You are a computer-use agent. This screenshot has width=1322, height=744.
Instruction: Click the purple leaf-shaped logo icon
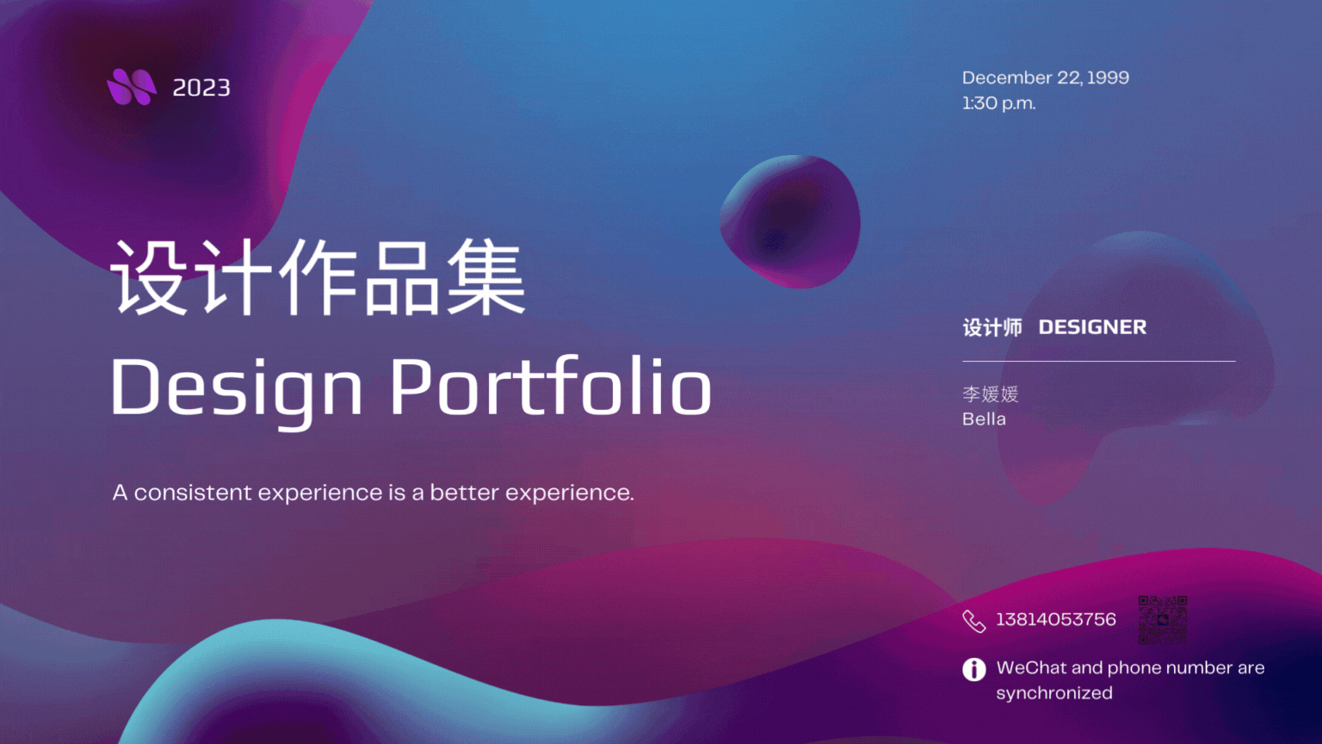(132, 87)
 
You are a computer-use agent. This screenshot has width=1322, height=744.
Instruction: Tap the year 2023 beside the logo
(201, 88)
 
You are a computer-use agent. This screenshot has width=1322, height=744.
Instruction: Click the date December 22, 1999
(1045, 78)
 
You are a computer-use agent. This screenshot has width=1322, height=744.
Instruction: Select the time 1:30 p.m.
(998, 103)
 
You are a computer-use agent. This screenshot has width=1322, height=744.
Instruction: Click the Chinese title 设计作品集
(318, 276)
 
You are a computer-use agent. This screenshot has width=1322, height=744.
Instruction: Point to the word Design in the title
(236, 390)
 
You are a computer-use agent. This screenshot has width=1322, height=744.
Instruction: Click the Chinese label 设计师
(992, 327)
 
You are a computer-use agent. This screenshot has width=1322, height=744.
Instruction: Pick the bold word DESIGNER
(1092, 327)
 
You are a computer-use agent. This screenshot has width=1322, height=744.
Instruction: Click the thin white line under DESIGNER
(1099, 361)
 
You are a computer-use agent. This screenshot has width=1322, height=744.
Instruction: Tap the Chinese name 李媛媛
(991, 394)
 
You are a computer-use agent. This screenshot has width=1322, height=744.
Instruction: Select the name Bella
(984, 419)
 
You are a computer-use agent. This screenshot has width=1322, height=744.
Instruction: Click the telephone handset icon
(973, 621)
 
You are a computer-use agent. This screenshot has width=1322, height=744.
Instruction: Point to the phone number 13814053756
(1056, 619)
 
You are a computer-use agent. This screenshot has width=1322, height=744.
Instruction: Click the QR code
(1163, 620)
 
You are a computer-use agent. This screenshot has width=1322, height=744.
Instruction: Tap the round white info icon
(973, 670)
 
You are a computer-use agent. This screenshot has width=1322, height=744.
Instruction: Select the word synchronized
(1054, 693)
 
